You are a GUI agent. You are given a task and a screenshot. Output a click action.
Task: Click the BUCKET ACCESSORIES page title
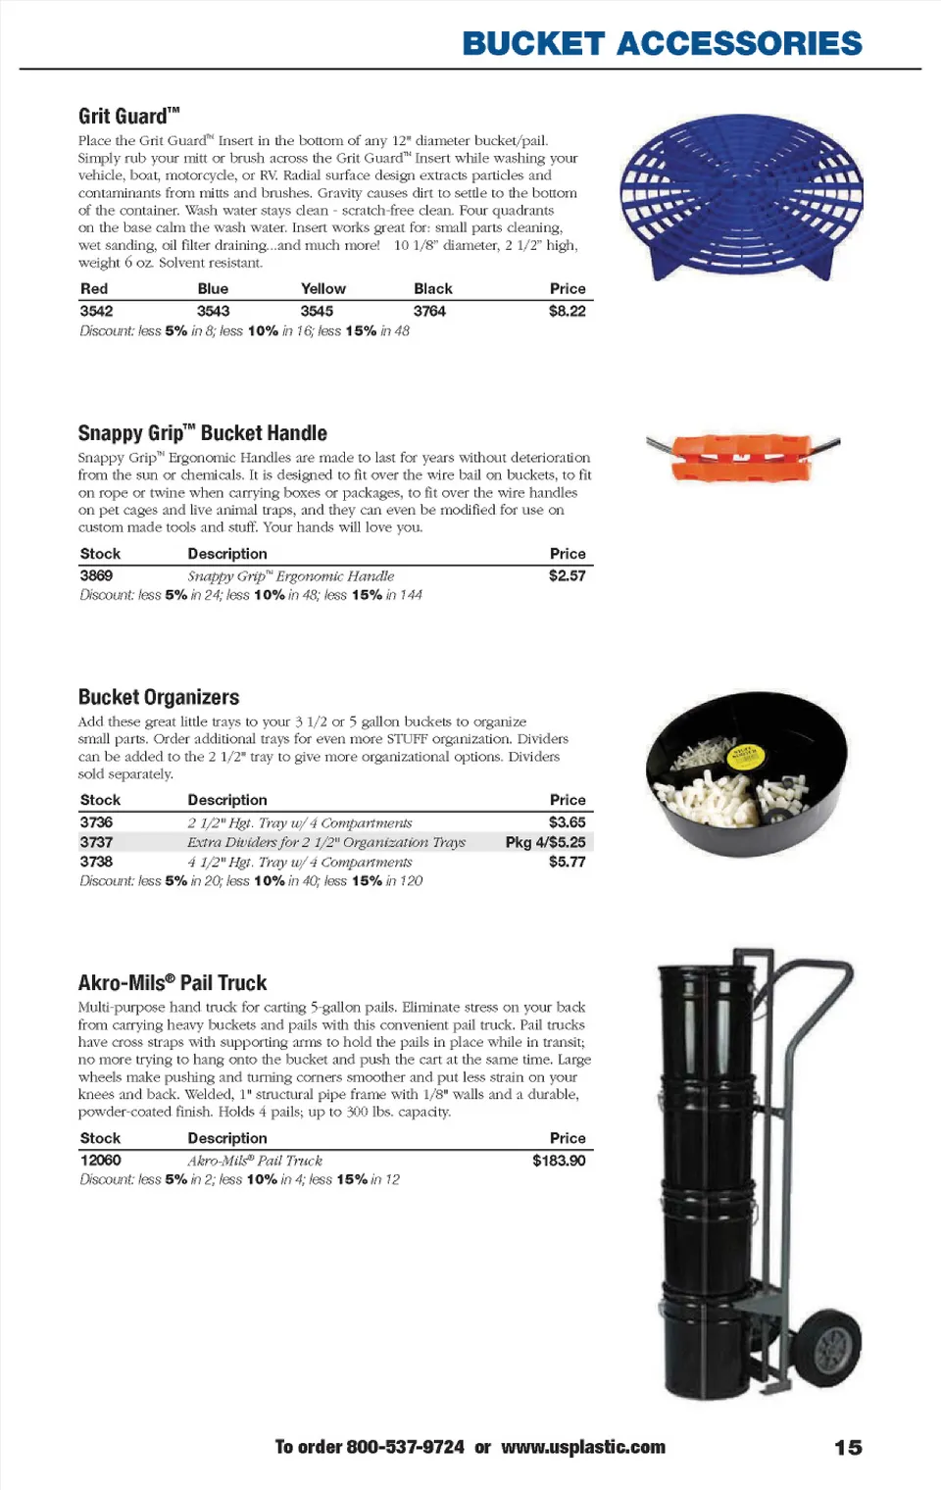coord(662,44)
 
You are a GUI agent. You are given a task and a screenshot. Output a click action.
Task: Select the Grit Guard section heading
coord(128,116)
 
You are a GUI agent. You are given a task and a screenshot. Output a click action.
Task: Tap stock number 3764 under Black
coord(429,311)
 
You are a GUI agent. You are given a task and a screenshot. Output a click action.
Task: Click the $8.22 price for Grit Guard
coord(567,311)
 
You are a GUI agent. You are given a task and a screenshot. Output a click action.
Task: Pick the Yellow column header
coord(322,289)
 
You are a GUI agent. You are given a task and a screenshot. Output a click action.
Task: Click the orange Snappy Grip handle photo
coord(742,456)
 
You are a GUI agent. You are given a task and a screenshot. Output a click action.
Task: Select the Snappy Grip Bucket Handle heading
coord(202,433)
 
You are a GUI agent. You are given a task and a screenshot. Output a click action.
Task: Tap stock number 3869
coord(96,575)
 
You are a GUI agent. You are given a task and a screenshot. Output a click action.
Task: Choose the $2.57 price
coord(567,575)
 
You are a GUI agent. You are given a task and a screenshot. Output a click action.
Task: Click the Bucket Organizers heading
coord(159,697)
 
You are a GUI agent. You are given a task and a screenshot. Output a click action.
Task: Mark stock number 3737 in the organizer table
coord(96,842)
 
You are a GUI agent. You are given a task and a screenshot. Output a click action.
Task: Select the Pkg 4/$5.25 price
coord(545,842)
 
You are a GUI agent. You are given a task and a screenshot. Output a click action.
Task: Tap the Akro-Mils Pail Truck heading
coord(173,983)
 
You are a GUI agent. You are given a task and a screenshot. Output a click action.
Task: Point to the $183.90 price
coord(559,1161)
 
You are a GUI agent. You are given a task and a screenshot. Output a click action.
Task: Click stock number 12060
coord(100,1161)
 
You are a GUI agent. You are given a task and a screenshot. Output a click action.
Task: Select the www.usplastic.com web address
coord(583,1447)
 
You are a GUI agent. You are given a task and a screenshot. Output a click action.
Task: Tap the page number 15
coord(848,1448)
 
